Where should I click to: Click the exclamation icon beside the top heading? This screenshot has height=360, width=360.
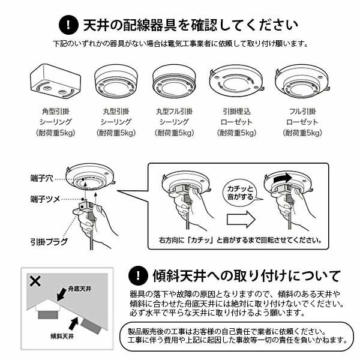[x=68, y=25]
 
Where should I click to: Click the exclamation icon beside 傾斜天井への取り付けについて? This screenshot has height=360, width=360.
[x=138, y=275]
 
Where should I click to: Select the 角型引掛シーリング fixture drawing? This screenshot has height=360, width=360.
[x=55, y=82]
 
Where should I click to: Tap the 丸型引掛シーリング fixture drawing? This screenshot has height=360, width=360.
[x=116, y=81]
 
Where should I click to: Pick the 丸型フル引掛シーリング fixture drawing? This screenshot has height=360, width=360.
[x=174, y=81]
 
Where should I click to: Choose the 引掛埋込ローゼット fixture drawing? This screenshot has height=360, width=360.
[x=236, y=81]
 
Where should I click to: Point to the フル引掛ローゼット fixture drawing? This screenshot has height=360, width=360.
[x=302, y=81]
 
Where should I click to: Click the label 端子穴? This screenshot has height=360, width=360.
[x=41, y=178]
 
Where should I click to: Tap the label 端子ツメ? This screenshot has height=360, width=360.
[x=45, y=199]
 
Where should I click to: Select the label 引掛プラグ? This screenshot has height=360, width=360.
[x=49, y=242]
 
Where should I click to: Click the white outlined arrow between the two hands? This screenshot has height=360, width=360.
[x=241, y=219]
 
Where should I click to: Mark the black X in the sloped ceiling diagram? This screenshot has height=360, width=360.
[x=35, y=281]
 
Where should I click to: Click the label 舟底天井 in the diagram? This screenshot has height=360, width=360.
[x=79, y=289]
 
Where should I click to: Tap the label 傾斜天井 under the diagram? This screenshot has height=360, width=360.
[x=62, y=337]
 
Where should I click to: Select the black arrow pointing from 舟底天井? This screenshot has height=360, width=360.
[x=62, y=294]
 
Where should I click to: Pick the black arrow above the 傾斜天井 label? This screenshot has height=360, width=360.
[x=73, y=323]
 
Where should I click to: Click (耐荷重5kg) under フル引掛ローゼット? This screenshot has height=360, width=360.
[x=302, y=133]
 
